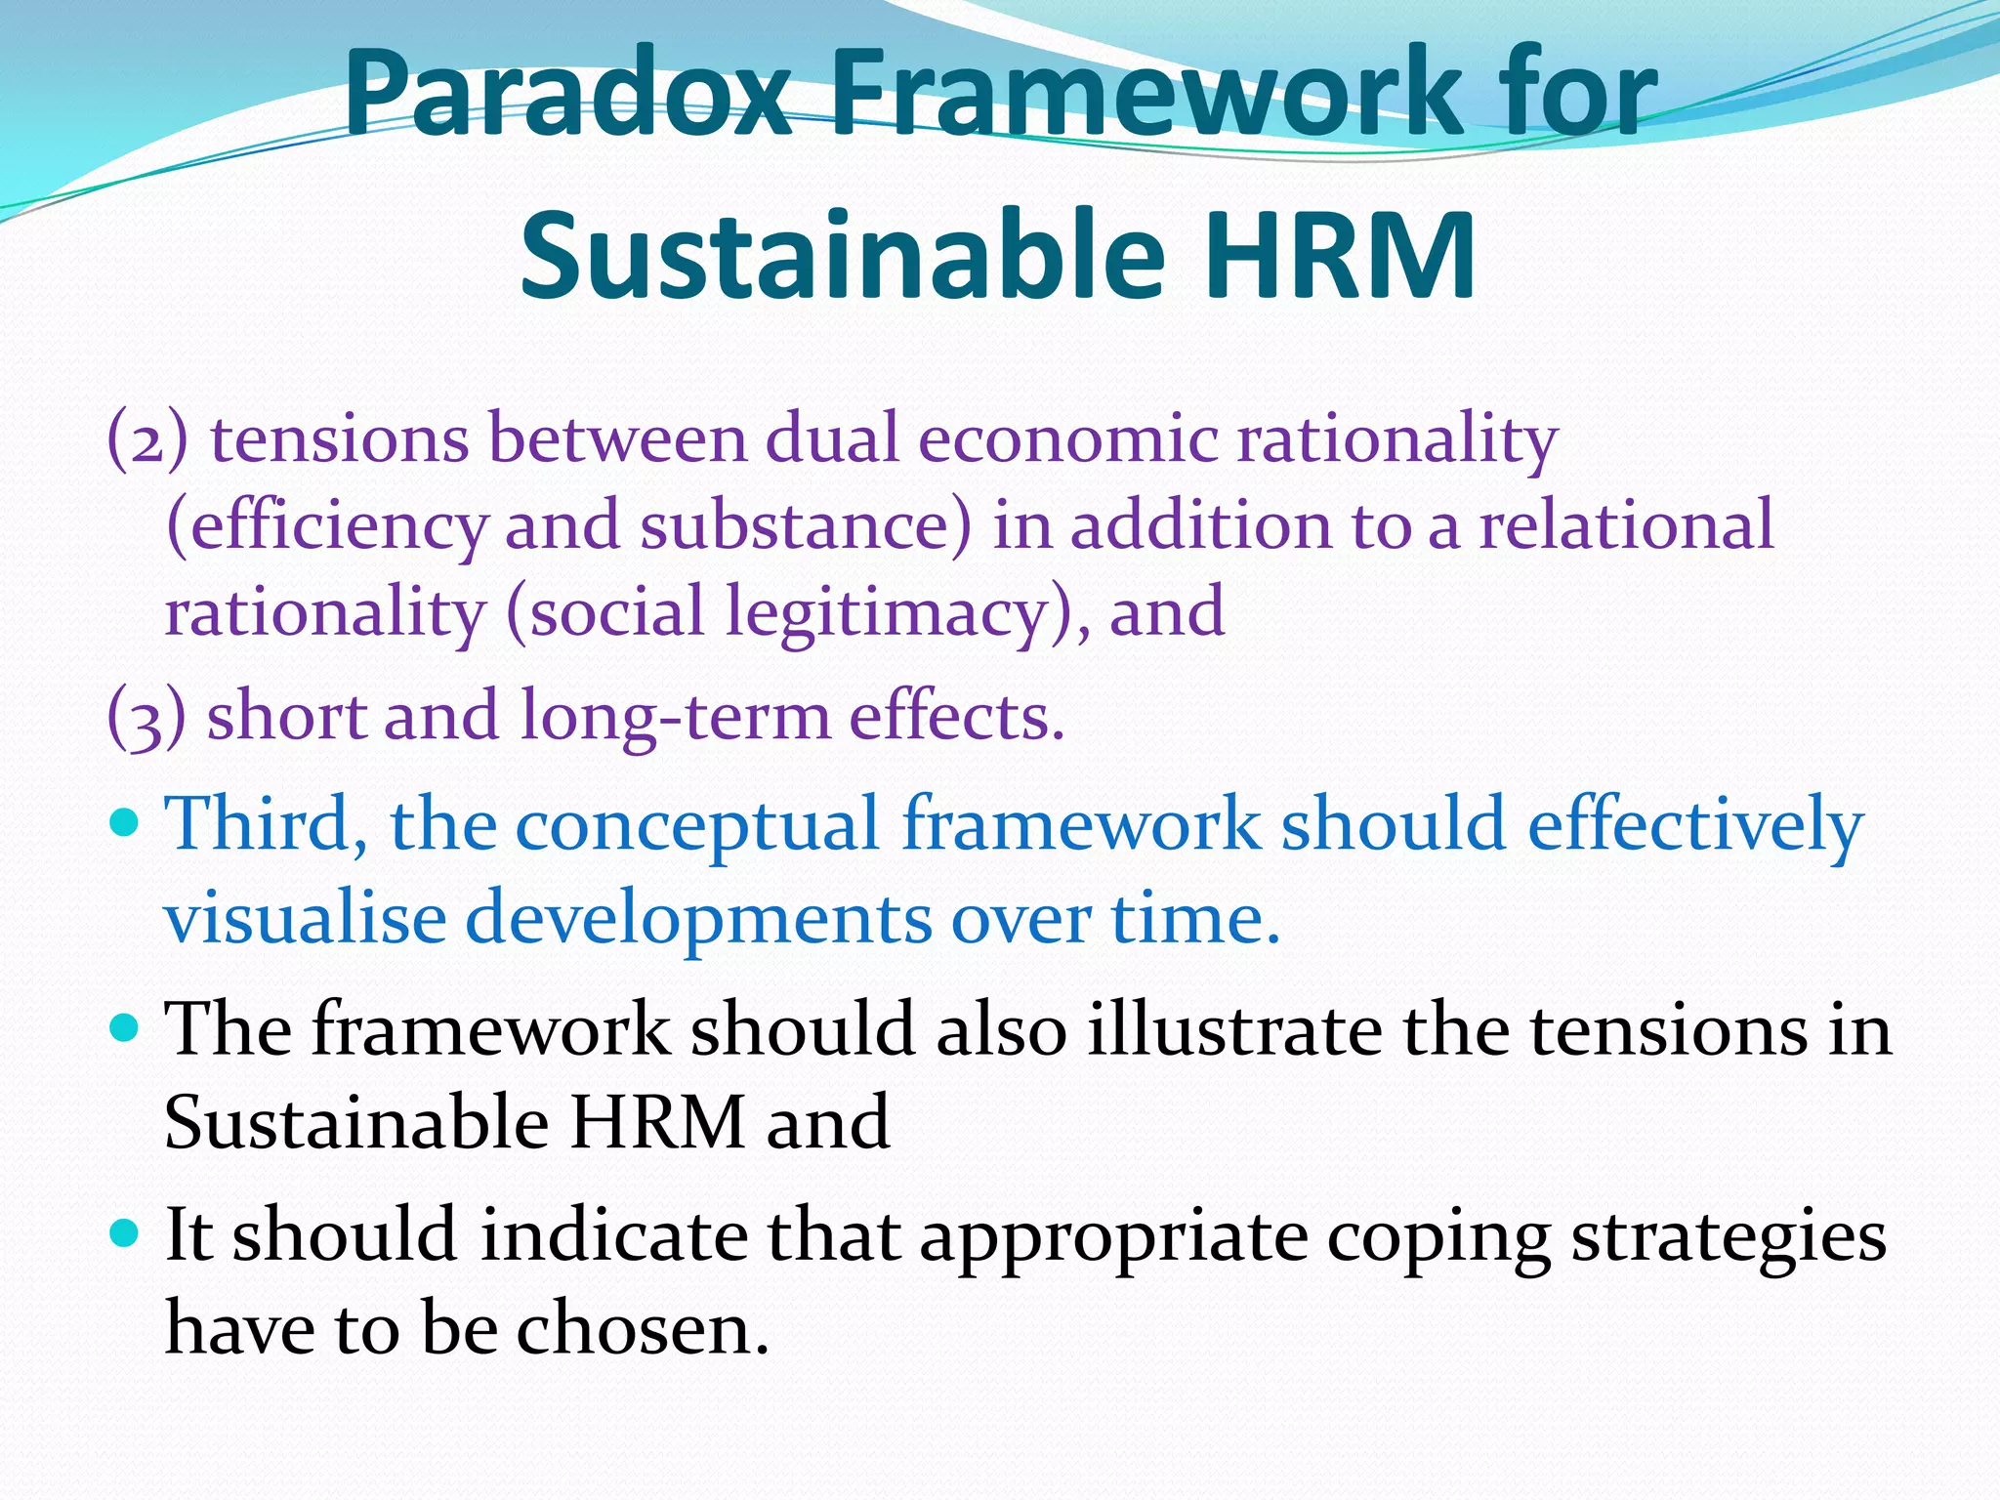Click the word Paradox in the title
(x=567, y=93)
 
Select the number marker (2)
(x=147, y=438)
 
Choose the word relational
(x=1625, y=524)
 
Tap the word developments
(x=697, y=920)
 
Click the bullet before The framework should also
(x=127, y=1027)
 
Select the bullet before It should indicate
(x=127, y=1233)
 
